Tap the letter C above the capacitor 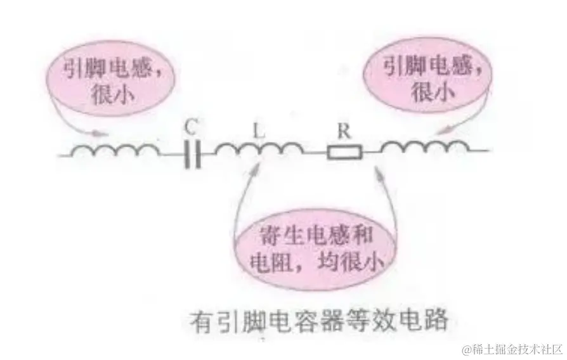[x=191, y=127]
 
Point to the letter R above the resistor [x=344, y=132]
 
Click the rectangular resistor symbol [x=344, y=153]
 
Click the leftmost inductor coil [x=114, y=151]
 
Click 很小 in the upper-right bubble [x=426, y=93]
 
